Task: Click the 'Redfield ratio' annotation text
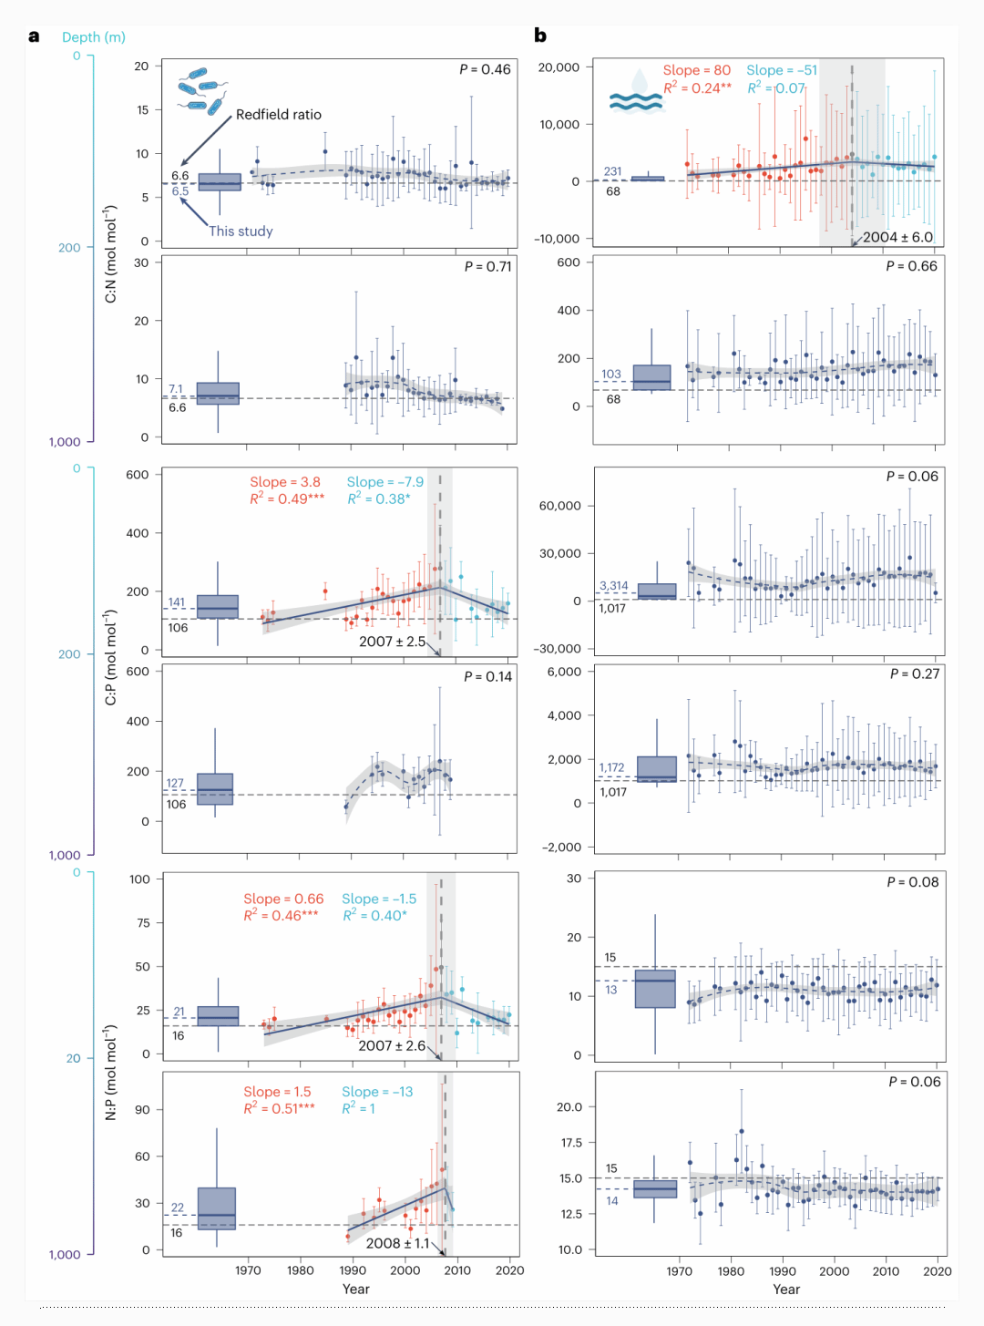[278, 115]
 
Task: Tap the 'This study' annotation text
[241, 231]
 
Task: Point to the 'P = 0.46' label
[485, 69]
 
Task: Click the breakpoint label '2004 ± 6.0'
[897, 237]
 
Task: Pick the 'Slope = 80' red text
[696, 70]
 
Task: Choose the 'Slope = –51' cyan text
[782, 70]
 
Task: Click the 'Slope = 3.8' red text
[285, 482]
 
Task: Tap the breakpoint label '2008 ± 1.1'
[397, 1243]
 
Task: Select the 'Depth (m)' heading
[94, 37]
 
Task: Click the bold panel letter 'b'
[540, 36]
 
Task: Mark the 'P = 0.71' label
[487, 266]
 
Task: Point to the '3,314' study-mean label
[613, 586]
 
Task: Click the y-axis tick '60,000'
[560, 506]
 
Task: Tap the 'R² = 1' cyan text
[358, 1108]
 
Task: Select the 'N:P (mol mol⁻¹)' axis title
[111, 1073]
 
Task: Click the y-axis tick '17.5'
[569, 1142]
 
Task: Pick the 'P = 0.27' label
[914, 673]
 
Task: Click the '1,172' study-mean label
[611, 767]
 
